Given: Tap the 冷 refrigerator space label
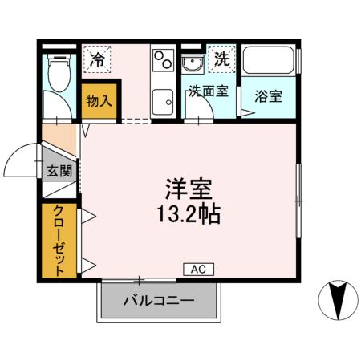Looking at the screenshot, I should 97,59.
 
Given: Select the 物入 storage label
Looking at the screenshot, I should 99,101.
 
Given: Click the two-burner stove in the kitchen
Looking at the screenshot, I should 163,59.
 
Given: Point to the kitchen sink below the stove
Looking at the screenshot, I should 163,101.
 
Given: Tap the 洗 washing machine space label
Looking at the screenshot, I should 221,58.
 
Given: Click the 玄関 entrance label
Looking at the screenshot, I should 59,171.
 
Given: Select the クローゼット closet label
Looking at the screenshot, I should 59,239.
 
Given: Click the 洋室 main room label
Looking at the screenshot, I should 189,192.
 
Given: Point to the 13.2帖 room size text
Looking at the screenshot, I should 189,215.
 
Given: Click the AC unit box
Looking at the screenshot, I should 197,270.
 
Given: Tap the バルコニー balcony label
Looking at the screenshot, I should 158,302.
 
